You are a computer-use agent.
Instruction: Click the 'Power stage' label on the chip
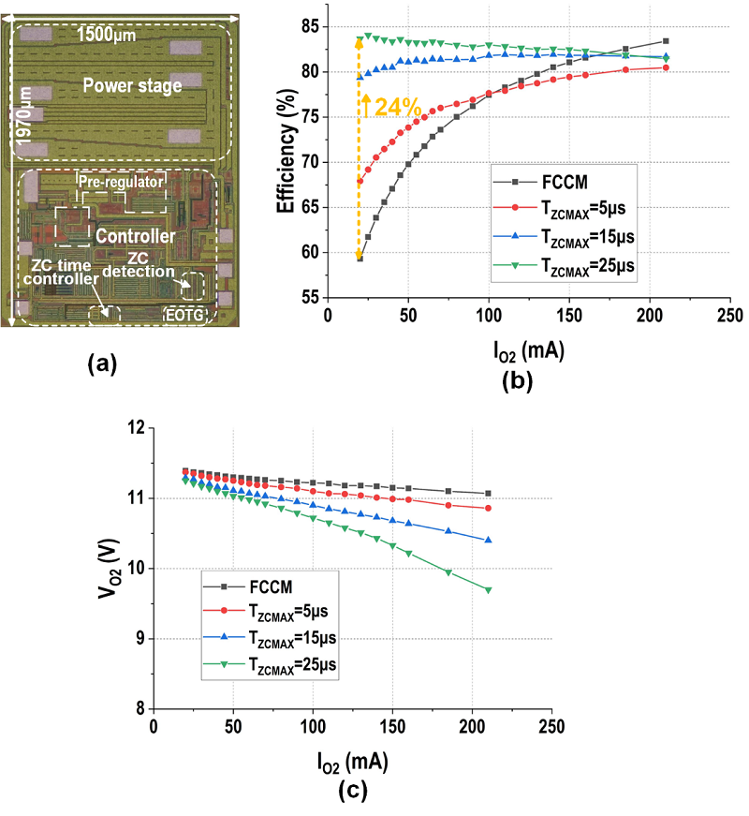coord(137,85)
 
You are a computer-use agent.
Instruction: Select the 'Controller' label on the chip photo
coord(135,236)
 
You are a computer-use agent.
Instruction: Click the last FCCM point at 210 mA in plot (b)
coord(666,41)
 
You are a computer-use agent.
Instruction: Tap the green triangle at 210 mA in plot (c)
coord(489,590)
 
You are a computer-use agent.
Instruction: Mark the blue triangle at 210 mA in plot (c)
coord(489,541)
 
